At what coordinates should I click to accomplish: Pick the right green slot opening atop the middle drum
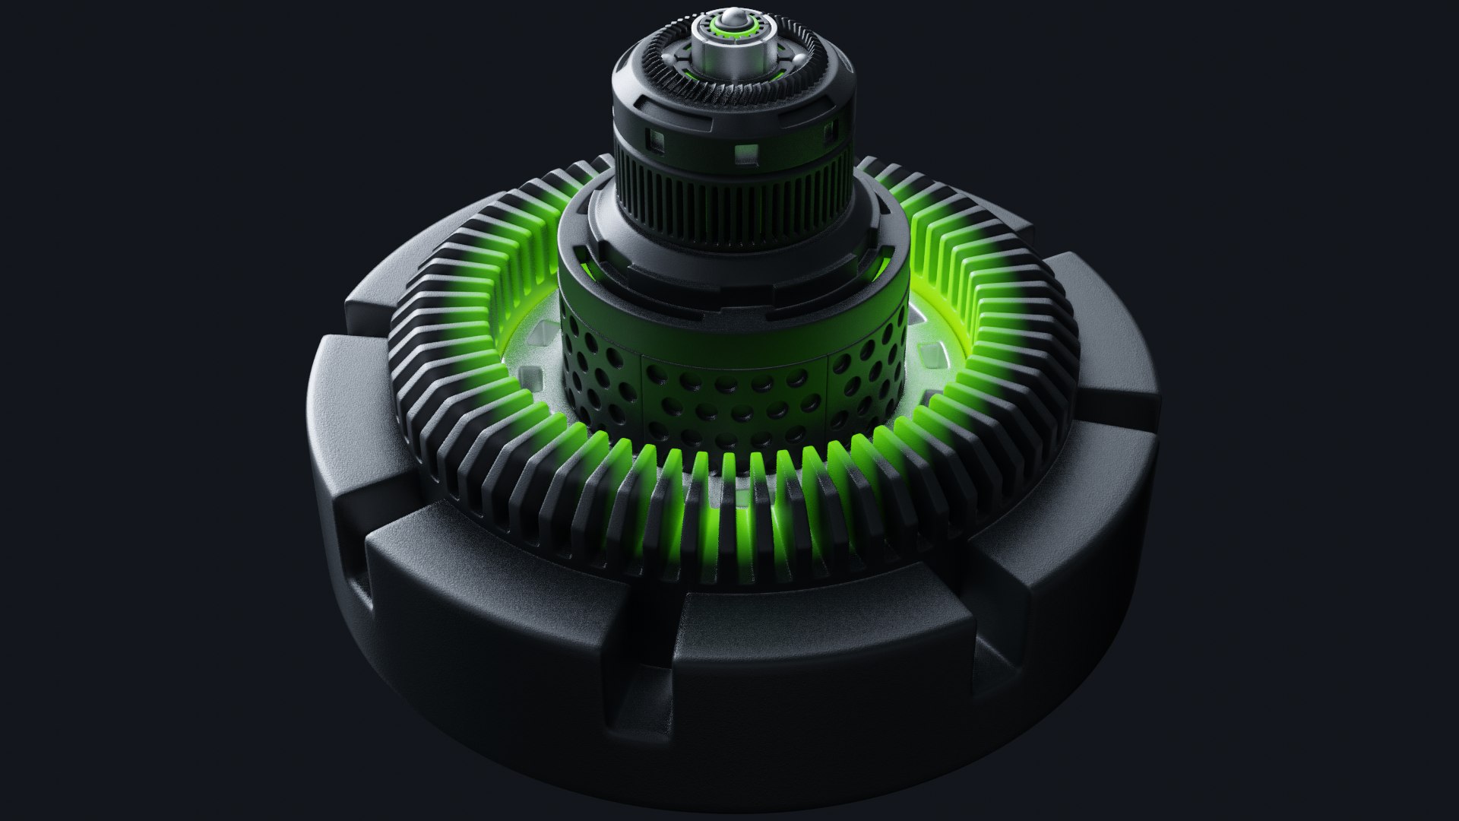(881, 262)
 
